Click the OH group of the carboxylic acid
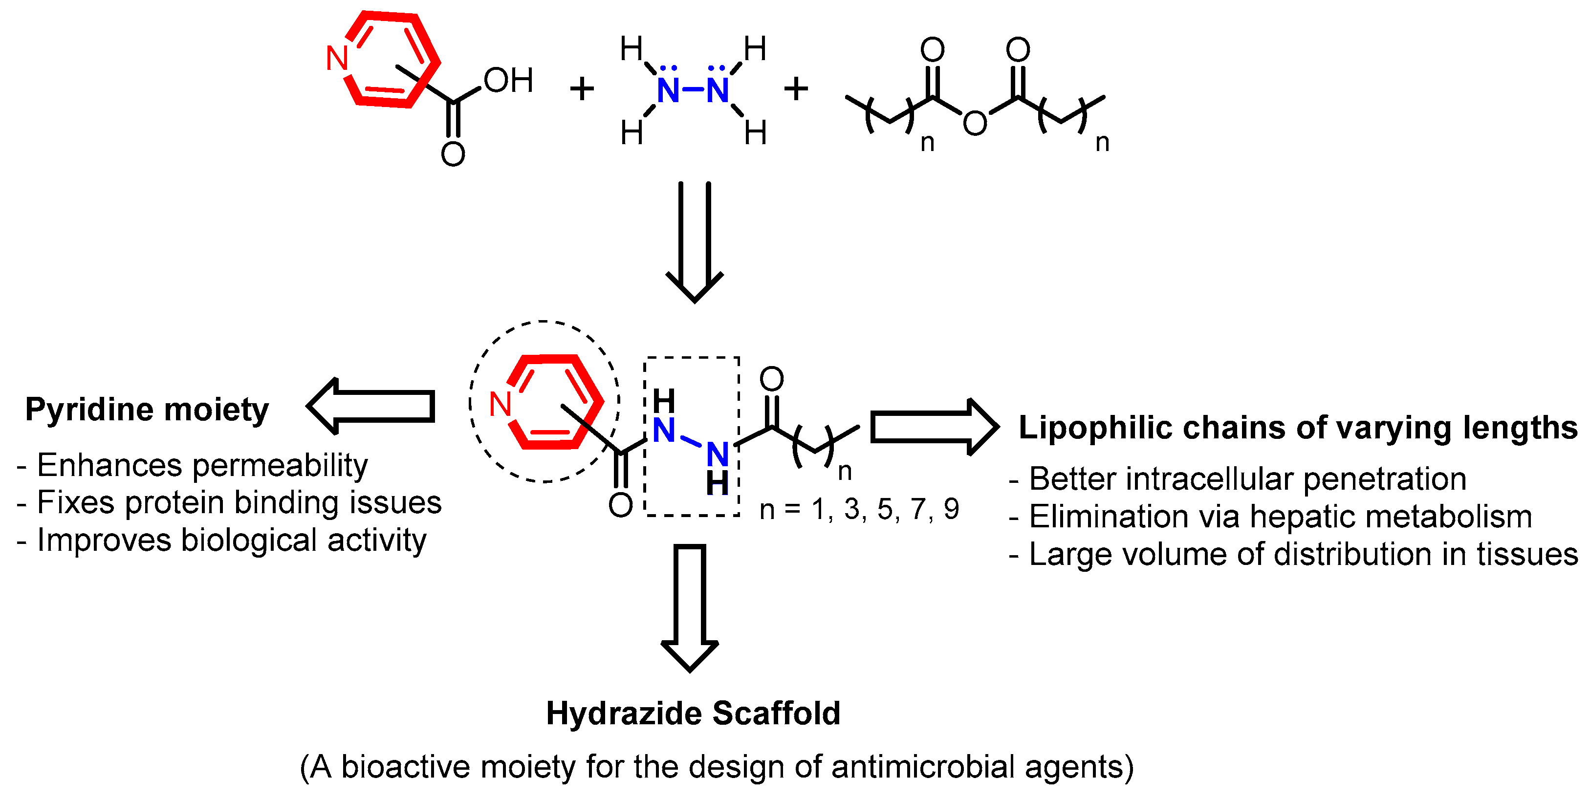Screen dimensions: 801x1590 pyautogui.click(x=508, y=80)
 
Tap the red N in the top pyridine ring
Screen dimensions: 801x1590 pyautogui.click(x=337, y=59)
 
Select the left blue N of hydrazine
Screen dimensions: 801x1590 pyautogui.click(x=668, y=91)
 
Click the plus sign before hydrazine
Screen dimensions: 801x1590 pyautogui.click(x=582, y=89)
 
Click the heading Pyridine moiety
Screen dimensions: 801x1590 pyautogui.click(x=147, y=410)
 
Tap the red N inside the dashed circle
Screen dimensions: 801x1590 pyautogui.click(x=500, y=405)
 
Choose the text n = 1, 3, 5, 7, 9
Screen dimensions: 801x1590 pyautogui.click(x=859, y=510)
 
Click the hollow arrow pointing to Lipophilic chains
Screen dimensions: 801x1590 pyautogui.click(x=933, y=427)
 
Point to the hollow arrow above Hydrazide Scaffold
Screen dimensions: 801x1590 pyautogui.click(x=690, y=607)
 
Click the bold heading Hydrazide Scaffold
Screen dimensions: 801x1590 pyautogui.click(x=693, y=714)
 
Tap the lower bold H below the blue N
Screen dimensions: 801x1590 pyautogui.click(x=717, y=484)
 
